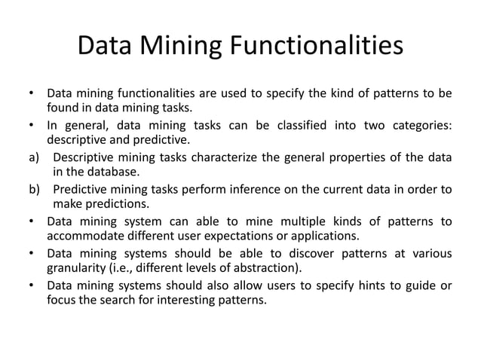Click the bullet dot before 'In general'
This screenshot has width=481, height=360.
[32, 124]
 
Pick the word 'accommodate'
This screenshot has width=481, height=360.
[84, 236]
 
